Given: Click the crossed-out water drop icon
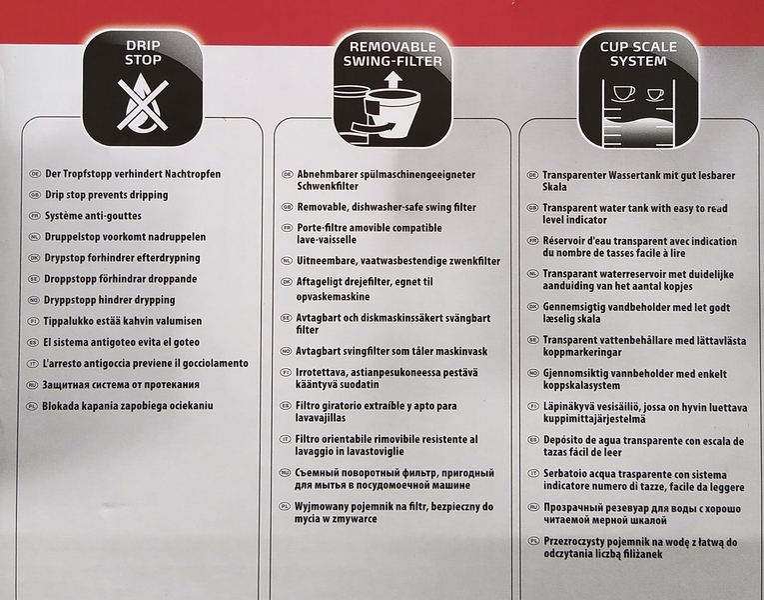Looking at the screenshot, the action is pos(143,103).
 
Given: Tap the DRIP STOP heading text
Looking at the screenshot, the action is pos(143,53).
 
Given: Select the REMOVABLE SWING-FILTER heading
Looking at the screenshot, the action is pos(392,54).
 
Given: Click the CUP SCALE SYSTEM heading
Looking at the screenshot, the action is pos(638,54).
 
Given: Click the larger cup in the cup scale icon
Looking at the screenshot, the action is pos(623,93).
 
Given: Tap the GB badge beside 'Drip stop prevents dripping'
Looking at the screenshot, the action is pos(35,195).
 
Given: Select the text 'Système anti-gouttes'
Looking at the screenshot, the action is pos(93,216).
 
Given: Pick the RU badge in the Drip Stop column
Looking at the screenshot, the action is pos(32,385).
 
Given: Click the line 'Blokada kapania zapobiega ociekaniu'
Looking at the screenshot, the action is pos(128,406).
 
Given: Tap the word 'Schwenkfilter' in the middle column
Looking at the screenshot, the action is pos(328,186).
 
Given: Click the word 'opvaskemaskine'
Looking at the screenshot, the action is pos(334,297).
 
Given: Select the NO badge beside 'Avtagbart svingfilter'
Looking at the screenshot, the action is pos(287,351).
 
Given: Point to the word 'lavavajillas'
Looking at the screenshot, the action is pos(321,418).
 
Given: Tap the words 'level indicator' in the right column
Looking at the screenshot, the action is pos(575,220).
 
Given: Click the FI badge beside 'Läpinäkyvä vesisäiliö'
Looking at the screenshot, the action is pos(534,407).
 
